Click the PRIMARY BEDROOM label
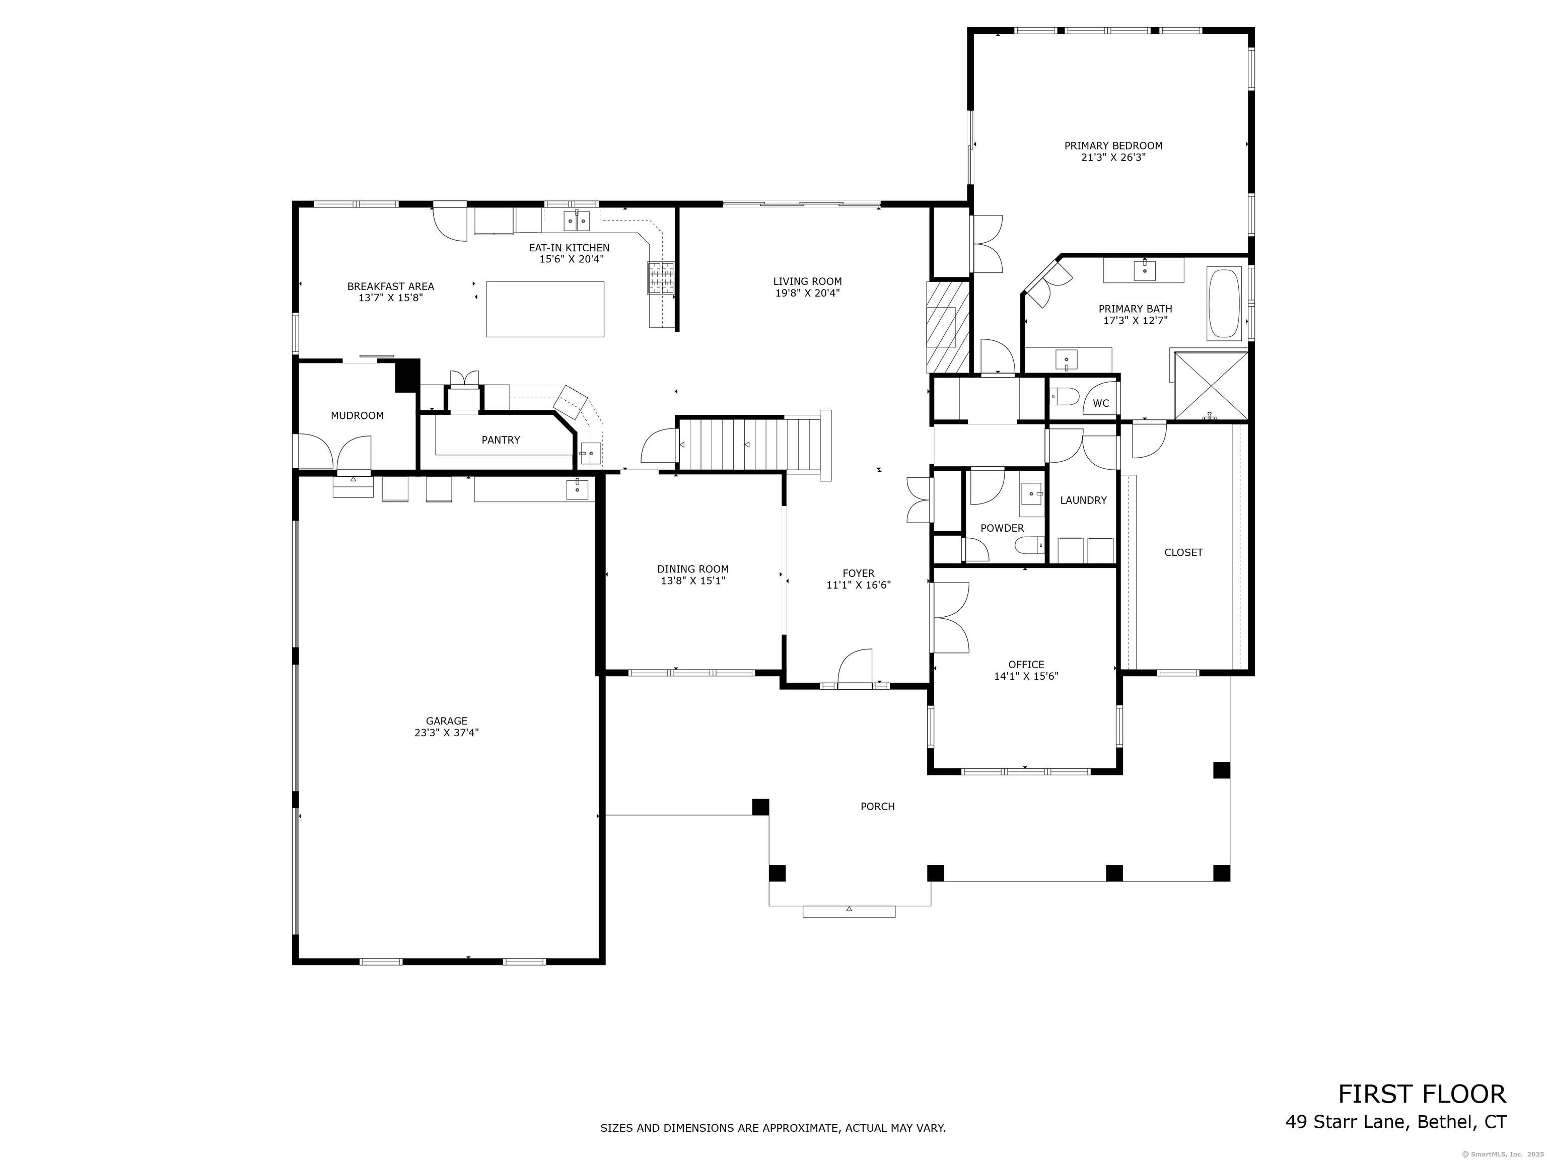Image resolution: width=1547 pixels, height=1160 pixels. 1113,146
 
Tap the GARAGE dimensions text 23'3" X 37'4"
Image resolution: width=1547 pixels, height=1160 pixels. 446,733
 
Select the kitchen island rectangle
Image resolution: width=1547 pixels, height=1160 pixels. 545,309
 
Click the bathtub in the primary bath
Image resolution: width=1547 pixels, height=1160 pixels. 1223,304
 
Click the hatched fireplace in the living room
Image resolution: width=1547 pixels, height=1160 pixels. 948,327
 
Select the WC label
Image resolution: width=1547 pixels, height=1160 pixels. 1101,403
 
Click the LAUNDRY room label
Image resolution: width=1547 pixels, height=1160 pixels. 1083,500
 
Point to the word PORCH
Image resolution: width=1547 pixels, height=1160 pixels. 878,806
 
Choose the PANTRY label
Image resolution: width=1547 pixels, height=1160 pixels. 501,440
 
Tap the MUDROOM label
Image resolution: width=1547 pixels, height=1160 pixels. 358,415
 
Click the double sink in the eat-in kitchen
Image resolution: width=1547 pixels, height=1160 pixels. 578,221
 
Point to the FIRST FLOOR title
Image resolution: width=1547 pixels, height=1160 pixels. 1422,1094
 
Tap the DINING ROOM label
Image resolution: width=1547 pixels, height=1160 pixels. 692,569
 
